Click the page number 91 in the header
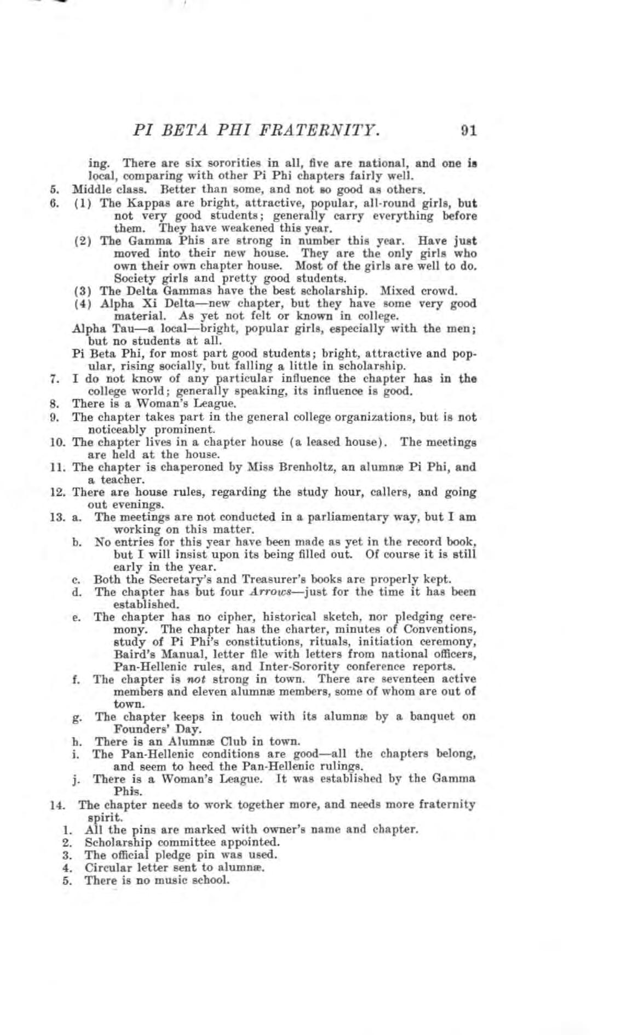[468, 131]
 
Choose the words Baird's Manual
[147, 654]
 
